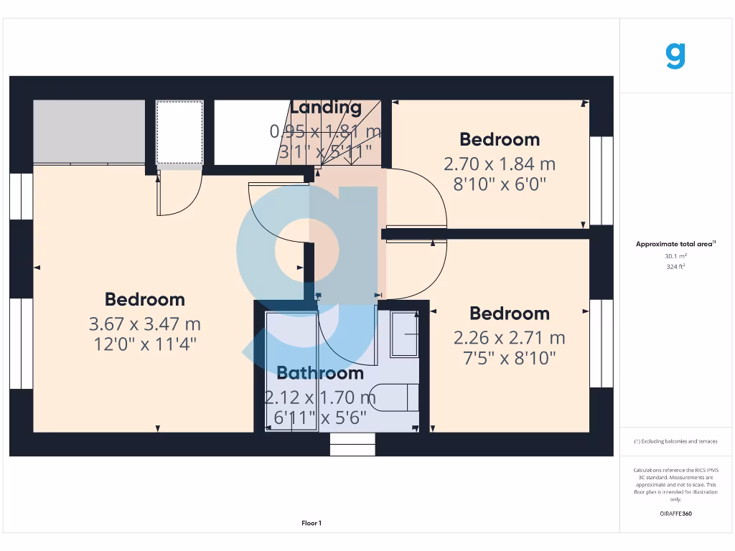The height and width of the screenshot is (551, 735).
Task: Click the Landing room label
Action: point(326,108)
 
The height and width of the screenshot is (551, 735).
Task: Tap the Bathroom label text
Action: point(320,373)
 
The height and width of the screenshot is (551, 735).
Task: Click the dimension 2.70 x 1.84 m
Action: point(500,164)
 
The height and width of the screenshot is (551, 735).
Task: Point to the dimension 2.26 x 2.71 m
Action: point(510,337)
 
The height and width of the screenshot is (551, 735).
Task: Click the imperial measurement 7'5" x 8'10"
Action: point(510,357)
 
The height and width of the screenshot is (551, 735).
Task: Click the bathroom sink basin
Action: point(404,334)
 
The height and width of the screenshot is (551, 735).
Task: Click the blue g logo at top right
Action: point(675,55)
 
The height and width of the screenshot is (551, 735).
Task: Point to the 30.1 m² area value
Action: point(675,255)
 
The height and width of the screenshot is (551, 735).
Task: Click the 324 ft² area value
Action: point(675,266)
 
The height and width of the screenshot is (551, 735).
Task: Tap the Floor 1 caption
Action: point(312,523)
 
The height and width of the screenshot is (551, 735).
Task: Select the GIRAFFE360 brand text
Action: point(675,514)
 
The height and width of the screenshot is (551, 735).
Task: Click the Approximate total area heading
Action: point(675,244)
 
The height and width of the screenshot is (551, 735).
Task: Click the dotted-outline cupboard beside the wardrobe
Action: point(179,132)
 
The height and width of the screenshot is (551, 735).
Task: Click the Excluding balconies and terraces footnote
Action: point(675,441)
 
